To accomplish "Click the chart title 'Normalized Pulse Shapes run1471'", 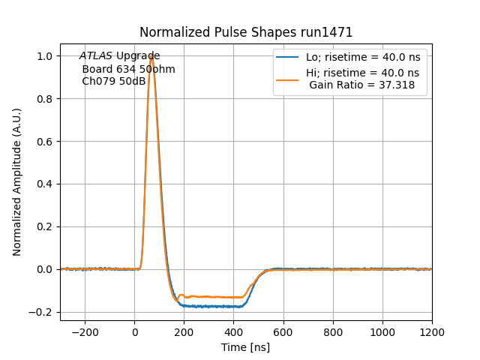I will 246,32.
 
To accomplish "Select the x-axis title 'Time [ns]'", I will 245,347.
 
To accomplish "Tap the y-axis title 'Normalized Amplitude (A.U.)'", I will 17,182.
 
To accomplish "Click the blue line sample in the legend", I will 288,57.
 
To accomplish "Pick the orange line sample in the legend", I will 288,79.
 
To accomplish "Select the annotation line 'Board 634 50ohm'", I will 128,69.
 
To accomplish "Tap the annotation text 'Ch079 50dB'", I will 113,81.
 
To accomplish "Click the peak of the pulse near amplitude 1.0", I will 151,56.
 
